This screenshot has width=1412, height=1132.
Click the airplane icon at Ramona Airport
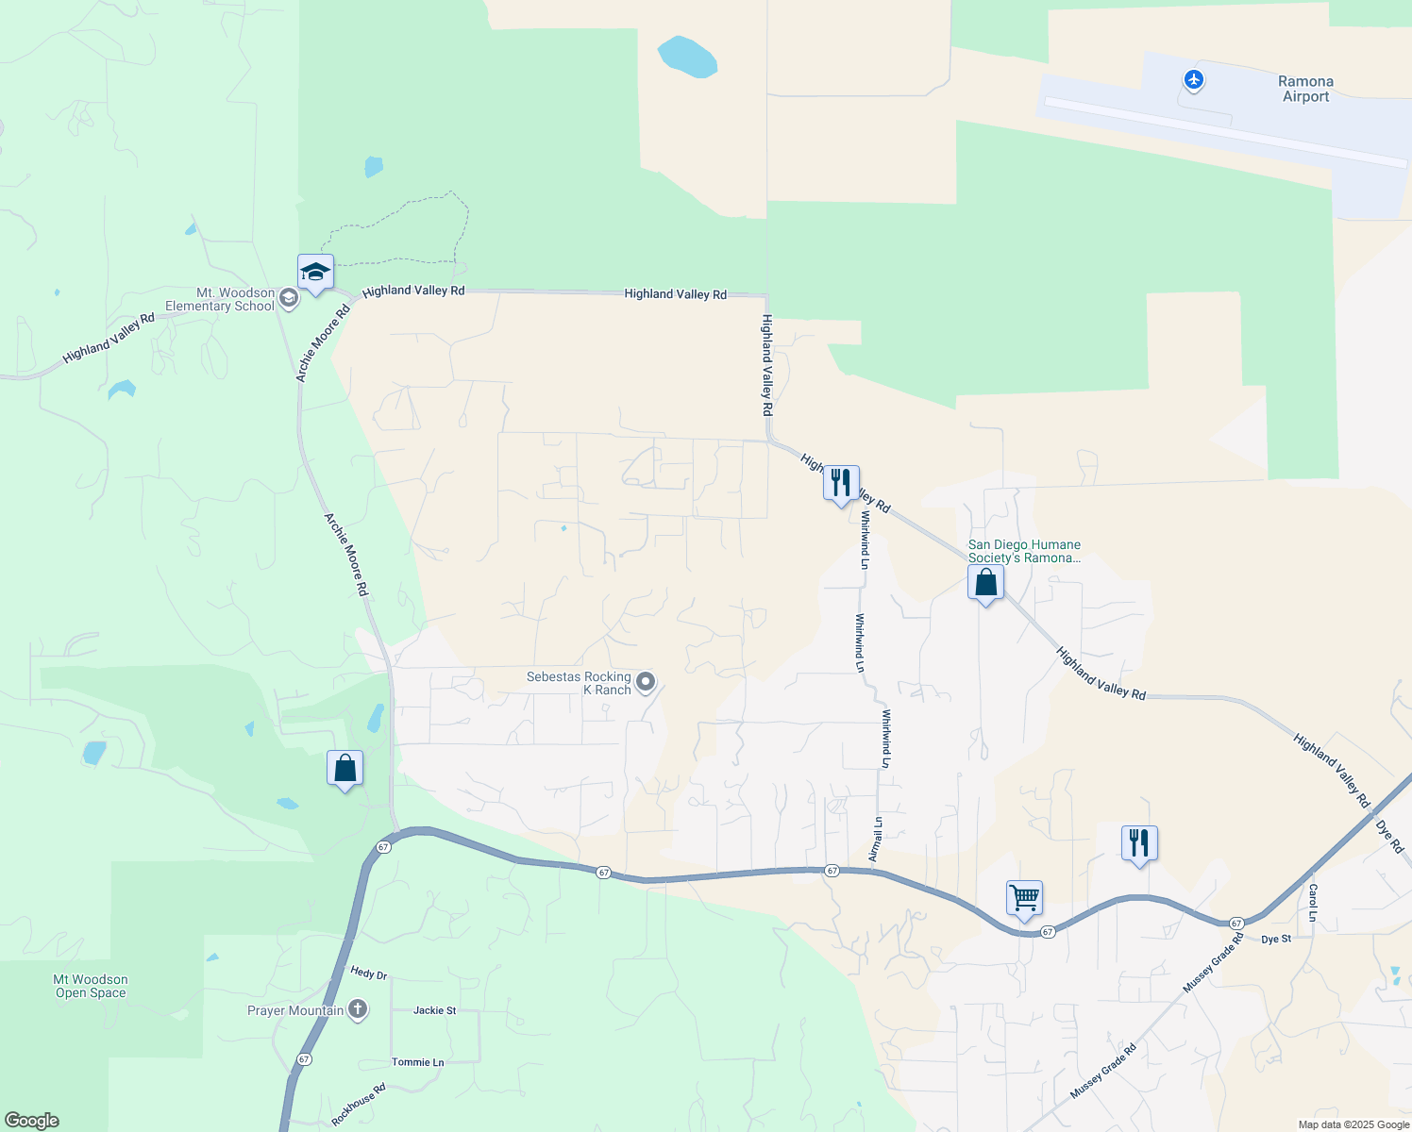pos(1194,80)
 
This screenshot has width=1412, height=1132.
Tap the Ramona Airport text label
pos(1305,89)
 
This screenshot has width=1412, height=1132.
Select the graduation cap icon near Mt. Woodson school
pos(315,274)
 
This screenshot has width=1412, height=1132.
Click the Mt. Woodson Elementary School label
pos(220,299)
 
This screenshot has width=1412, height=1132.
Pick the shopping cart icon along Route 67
pos(1024,898)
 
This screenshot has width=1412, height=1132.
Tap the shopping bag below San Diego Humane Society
pos(985,583)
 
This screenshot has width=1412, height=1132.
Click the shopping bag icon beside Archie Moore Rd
pos(345,768)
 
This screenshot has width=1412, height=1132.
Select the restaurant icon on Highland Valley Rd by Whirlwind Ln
pos(841,484)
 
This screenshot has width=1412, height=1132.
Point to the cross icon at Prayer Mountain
pos(357,1009)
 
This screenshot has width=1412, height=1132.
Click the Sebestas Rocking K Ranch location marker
pos(646,681)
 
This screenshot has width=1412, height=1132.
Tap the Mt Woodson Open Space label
pos(91,986)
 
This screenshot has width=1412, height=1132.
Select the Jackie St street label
pos(434,1010)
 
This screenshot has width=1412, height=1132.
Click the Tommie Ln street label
pos(417,1062)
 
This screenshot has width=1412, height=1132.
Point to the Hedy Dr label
pos(368,974)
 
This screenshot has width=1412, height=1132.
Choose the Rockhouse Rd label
pos(359,1105)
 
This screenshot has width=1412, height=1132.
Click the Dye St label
pos(1276,940)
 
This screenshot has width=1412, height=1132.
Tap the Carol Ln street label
pos(1312,904)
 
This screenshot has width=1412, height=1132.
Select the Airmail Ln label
pos(875,839)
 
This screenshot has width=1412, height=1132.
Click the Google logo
pos(32,1121)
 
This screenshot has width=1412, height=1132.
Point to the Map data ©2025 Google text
pos(1353,1124)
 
